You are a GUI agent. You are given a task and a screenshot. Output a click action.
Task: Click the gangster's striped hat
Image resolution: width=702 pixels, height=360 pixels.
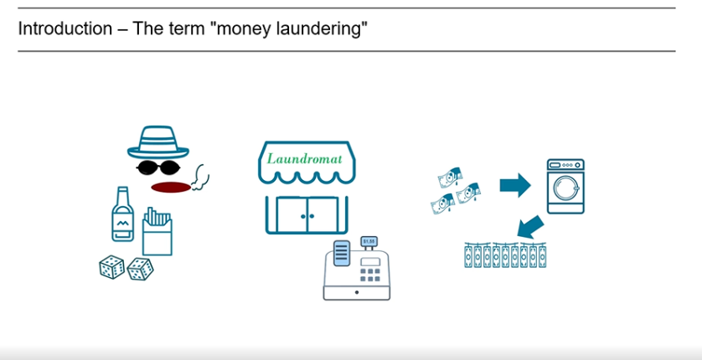tap(158, 142)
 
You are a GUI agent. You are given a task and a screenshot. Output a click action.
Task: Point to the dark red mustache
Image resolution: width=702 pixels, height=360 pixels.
tap(171, 185)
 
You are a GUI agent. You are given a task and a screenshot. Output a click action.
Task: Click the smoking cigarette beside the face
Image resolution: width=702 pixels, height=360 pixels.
tap(199, 176)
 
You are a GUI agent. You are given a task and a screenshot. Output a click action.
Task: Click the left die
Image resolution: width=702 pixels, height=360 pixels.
tap(111, 267)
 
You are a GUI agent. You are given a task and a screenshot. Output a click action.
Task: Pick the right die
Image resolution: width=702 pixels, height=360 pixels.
tap(140, 268)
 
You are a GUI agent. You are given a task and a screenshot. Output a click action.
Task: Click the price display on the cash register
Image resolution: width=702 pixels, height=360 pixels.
tap(369, 242)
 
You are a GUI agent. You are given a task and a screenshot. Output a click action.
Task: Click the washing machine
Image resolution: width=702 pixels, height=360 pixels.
tap(565, 187)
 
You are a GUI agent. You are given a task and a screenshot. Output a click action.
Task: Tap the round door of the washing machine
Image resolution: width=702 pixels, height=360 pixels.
tap(565, 193)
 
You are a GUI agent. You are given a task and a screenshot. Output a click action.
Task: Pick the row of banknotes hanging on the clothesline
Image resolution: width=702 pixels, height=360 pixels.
tap(505, 255)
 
